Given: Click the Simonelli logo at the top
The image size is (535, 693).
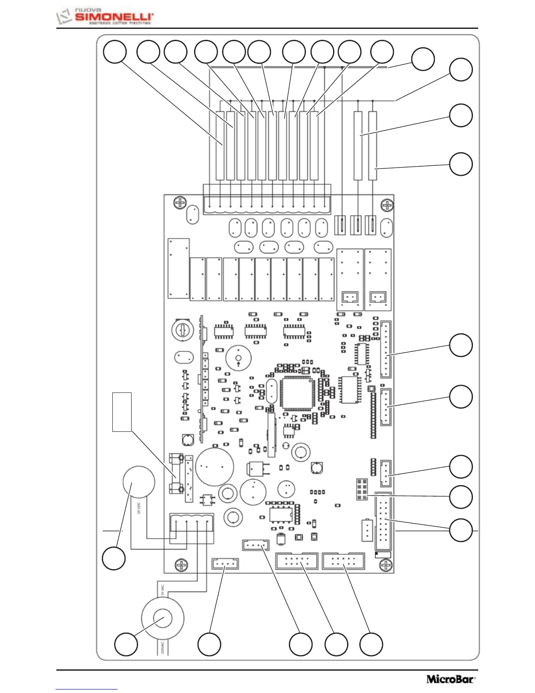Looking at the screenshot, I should point(105,17).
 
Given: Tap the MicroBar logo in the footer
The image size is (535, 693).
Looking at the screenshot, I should point(451,679).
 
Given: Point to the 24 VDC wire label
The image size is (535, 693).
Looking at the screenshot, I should point(139,507).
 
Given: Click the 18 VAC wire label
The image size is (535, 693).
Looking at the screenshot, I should point(162,589).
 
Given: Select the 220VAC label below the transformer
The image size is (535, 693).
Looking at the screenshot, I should point(162,647).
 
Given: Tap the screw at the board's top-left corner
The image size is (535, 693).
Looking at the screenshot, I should point(180,203).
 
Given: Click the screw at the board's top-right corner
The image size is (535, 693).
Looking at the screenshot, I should point(387,205).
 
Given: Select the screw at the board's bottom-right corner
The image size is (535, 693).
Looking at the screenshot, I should point(386,566).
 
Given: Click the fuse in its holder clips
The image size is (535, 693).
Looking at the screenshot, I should point(177,473).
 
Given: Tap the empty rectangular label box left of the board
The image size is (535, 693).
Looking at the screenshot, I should point(122,412).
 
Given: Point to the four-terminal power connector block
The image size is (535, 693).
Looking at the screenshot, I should point(191,528).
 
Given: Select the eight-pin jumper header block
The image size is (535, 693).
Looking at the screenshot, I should point(362,489).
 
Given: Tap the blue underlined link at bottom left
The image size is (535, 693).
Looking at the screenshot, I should point(87,689).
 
